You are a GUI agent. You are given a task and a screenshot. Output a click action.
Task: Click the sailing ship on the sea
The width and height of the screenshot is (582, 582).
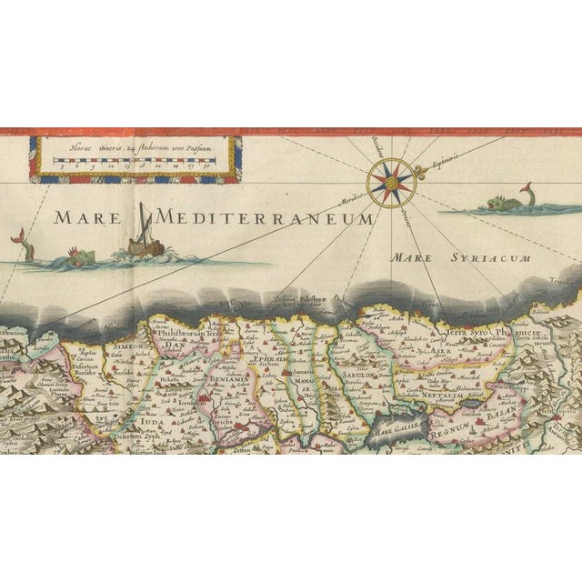pos(143,238)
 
